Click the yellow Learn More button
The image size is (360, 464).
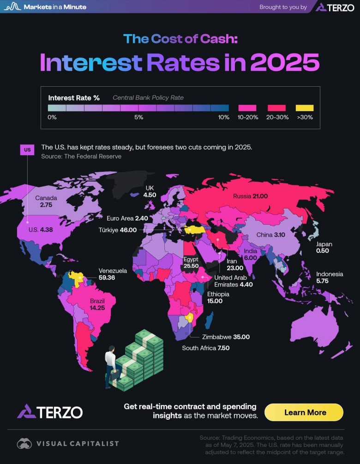point(305,412)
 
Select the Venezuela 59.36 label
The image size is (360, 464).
point(112,274)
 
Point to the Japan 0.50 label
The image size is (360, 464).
point(324,248)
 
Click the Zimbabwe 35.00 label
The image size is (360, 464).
point(226,337)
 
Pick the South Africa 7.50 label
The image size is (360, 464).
point(205,348)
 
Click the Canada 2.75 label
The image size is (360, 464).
point(46,202)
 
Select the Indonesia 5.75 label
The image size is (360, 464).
point(329,277)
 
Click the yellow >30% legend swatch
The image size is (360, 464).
point(304,107)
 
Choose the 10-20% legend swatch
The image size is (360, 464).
point(247,107)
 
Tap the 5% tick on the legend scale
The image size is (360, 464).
point(138,117)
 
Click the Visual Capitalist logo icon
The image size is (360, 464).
point(24,444)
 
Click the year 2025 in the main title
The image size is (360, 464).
point(284,62)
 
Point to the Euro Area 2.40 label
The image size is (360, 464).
point(127,218)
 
